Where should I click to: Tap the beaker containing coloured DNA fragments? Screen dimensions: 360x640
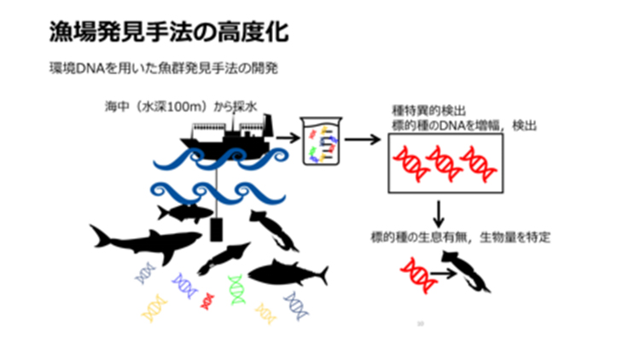tap(322, 141)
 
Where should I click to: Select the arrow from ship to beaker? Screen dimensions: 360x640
tap(287, 136)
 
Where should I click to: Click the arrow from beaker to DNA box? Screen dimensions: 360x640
tap(362, 139)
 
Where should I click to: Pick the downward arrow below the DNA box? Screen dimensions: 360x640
tap(439, 212)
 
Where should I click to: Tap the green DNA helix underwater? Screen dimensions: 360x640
tap(236, 289)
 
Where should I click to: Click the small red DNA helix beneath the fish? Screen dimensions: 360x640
tap(206, 299)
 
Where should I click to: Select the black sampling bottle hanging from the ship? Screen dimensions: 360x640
tap(217, 229)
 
